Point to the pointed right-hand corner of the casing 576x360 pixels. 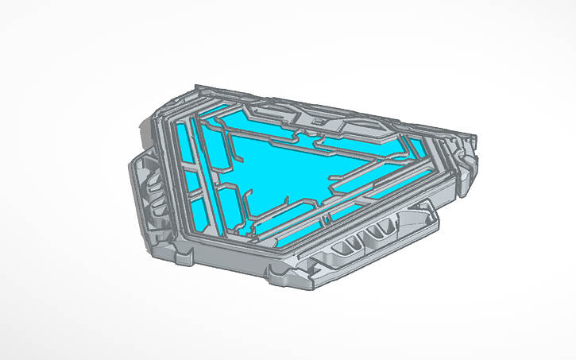[476, 144]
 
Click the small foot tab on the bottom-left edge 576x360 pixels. [185, 256]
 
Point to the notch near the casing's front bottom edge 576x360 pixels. [278, 274]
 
